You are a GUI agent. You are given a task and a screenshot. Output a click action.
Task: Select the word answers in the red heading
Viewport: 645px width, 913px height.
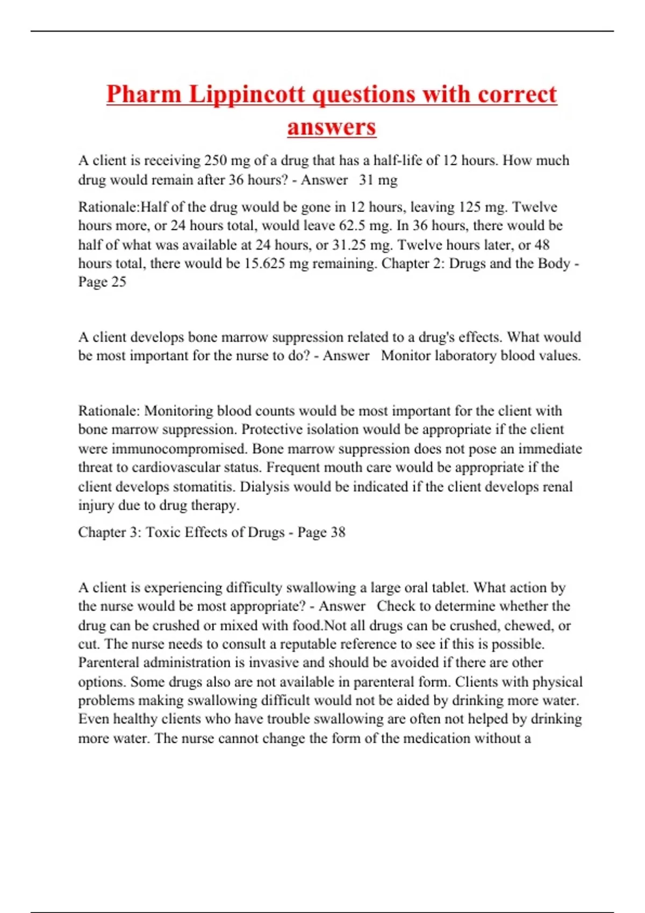click(332, 127)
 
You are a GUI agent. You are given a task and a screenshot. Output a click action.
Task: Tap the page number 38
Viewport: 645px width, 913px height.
click(338, 532)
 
